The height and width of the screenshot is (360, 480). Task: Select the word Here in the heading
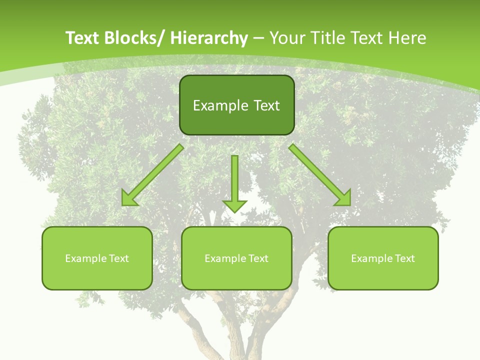(407, 38)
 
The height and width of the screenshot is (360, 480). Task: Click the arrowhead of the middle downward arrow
(234, 206)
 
